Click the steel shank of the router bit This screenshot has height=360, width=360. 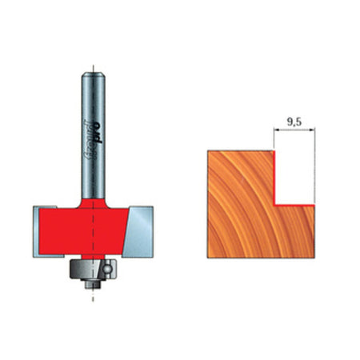(x=94, y=112)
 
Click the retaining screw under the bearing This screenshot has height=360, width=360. (x=94, y=282)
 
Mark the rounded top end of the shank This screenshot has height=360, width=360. (x=94, y=72)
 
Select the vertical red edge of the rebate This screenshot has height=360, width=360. (x=274, y=178)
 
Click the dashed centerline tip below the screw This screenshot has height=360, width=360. (x=94, y=298)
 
